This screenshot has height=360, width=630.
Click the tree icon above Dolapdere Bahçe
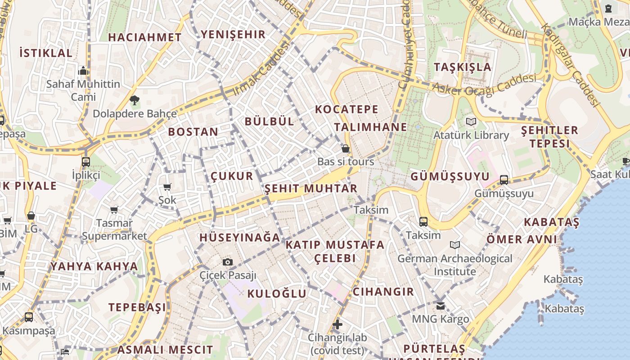pyautogui.click(x=134, y=100)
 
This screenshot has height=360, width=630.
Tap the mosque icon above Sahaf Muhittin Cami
pyautogui.click(x=83, y=71)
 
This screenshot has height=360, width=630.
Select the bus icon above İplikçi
pyautogui.click(x=85, y=162)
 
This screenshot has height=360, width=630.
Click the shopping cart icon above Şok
pyautogui.click(x=167, y=187)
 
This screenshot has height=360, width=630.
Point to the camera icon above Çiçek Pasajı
pyautogui.click(x=228, y=262)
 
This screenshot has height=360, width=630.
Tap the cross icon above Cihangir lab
pyautogui.click(x=337, y=324)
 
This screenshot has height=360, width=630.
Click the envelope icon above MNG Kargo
pyautogui.click(x=440, y=306)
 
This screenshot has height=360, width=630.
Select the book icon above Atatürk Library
pyautogui.click(x=471, y=121)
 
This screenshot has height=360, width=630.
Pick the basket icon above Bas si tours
pyautogui.click(x=346, y=148)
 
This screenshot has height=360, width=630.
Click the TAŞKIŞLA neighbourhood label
pyautogui.click(x=463, y=67)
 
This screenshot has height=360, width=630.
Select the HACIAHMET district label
pyautogui.click(x=145, y=37)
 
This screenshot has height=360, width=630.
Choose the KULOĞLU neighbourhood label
pyautogui.click(x=277, y=294)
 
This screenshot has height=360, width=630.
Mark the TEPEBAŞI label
pyautogui.click(x=137, y=307)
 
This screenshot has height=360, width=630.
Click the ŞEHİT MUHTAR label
pyautogui.click(x=311, y=189)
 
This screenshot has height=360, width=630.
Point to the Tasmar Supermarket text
pyautogui.click(x=114, y=229)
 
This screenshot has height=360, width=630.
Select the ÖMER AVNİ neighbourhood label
pyautogui.click(x=522, y=239)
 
